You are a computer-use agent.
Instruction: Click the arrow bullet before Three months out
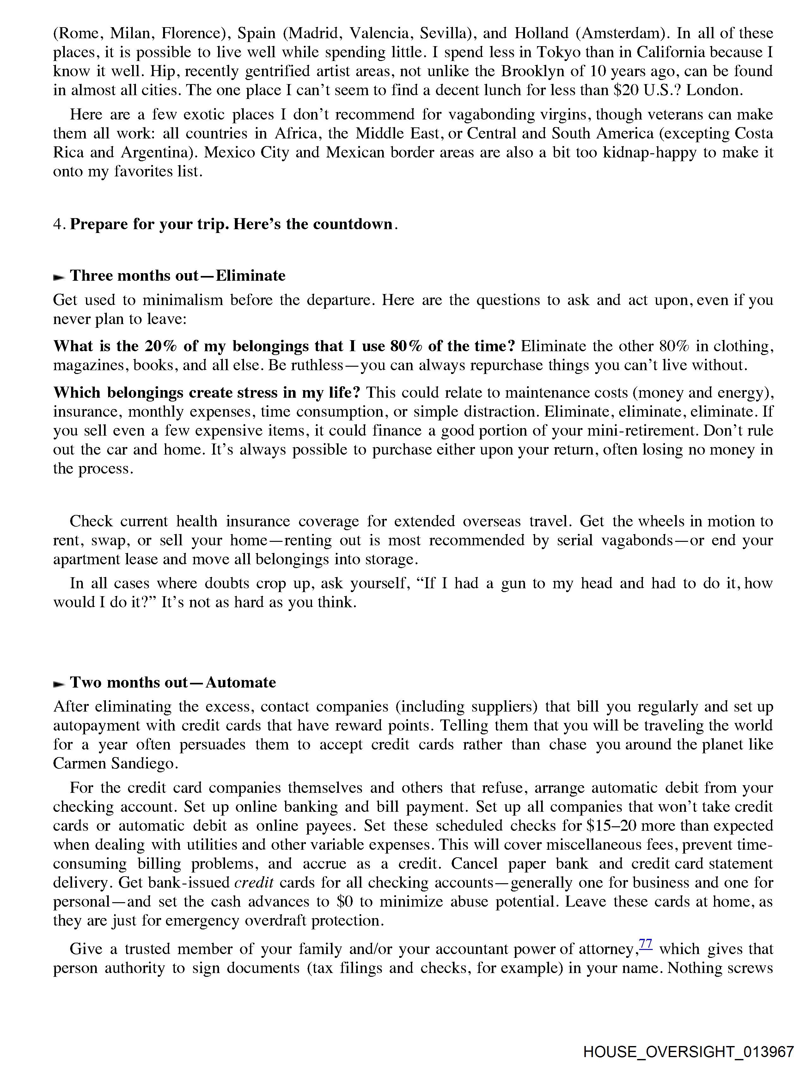click(59, 277)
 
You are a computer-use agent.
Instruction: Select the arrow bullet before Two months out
click(59, 684)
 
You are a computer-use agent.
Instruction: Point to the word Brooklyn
click(533, 71)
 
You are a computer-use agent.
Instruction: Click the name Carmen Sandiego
click(113, 764)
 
